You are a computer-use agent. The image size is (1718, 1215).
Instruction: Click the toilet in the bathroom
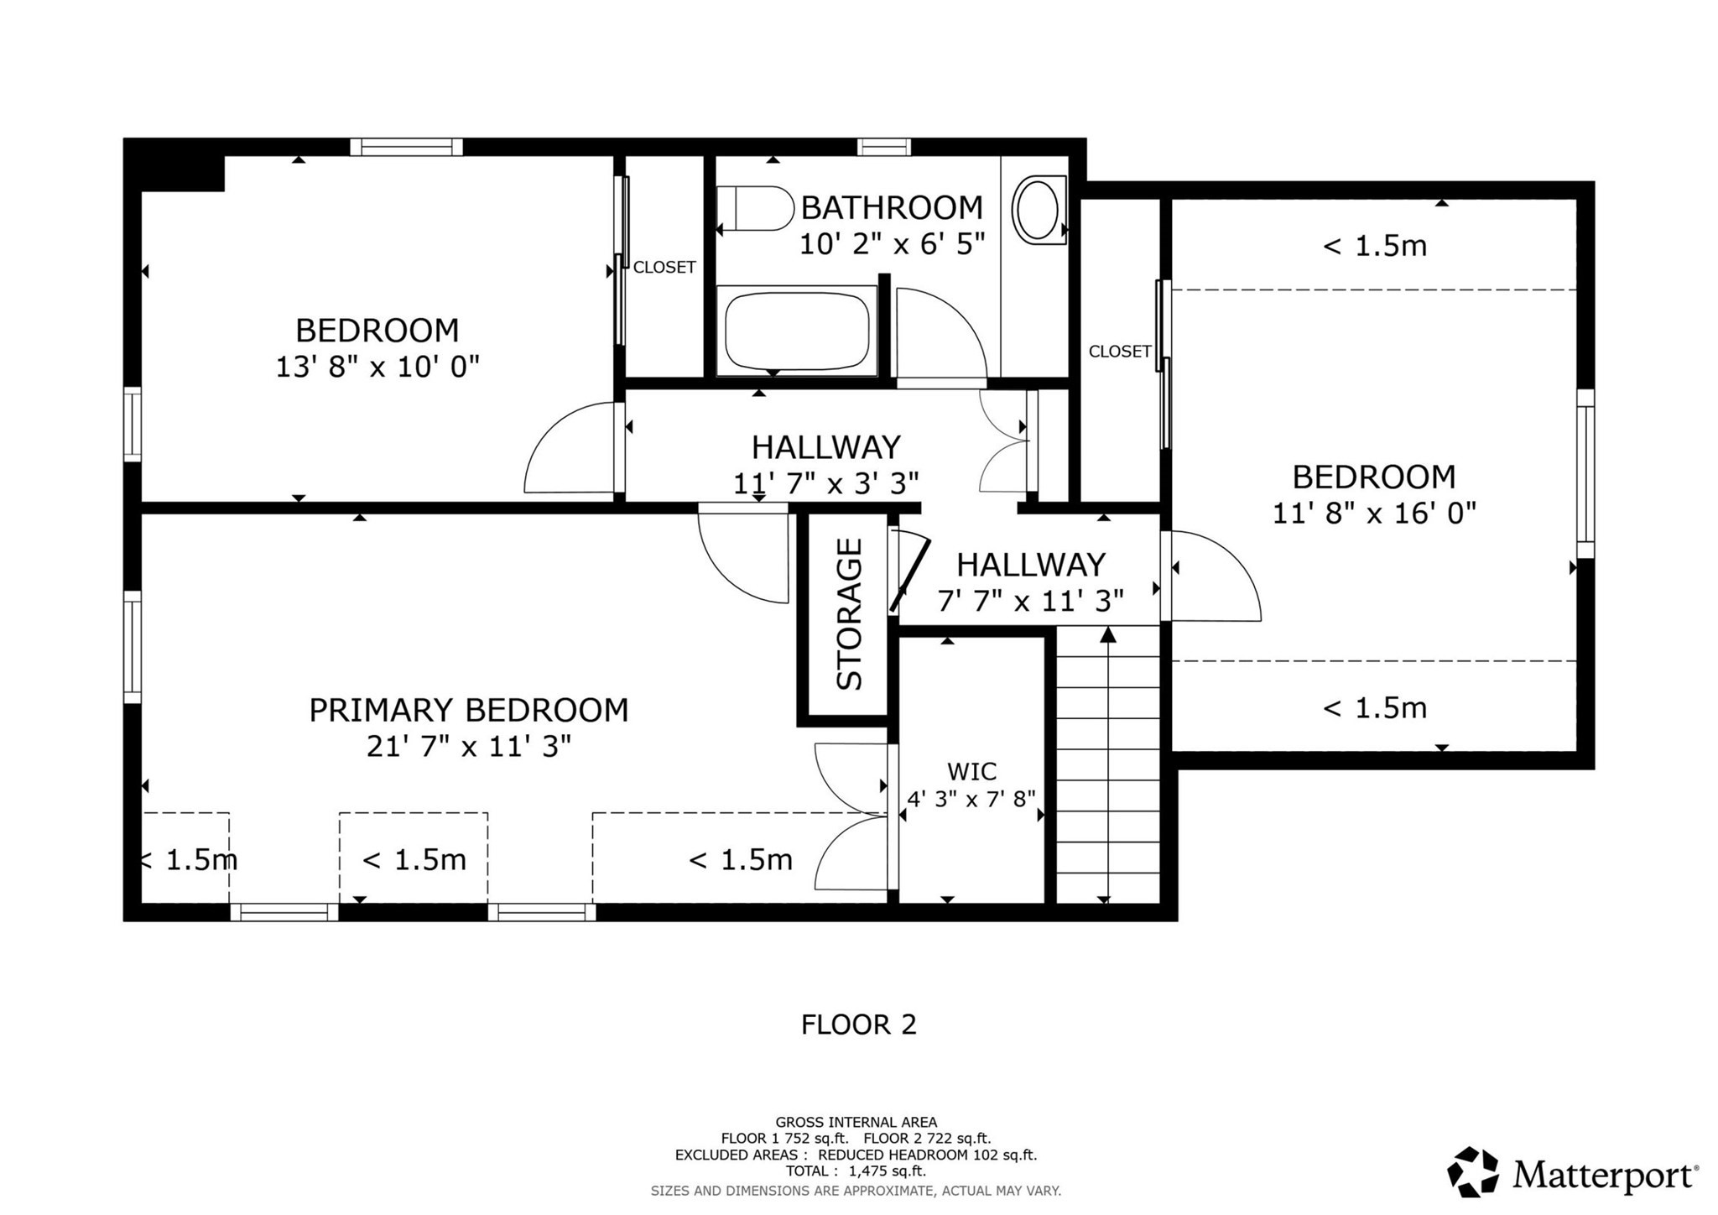(755, 208)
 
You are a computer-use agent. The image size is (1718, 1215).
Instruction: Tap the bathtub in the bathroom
(796, 329)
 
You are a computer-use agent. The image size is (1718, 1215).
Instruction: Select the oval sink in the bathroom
(1038, 210)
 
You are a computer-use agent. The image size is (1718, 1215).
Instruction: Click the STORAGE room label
(850, 614)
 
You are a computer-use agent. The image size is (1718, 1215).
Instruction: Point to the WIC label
(971, 771)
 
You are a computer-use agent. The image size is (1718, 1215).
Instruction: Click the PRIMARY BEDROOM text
(468, 711)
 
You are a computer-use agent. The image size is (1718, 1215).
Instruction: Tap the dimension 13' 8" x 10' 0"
(377, 367)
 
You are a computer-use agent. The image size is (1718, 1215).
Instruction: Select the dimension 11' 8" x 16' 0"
(1373, 513)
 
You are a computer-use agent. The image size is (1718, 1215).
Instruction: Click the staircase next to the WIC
(1107, 772)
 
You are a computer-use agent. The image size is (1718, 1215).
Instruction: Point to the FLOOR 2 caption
(858, 1025)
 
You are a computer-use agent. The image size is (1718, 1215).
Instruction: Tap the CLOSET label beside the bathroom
(664, 267)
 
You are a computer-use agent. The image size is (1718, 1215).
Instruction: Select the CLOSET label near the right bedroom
(1119, 352)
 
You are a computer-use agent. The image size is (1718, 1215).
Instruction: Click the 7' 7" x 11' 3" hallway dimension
(1030, 601)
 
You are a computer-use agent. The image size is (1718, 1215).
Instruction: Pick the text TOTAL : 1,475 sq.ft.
(856, 1171)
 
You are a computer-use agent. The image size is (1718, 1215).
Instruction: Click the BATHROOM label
(891, 207)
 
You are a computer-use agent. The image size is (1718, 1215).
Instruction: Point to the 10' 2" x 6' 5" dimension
(891, 244)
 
